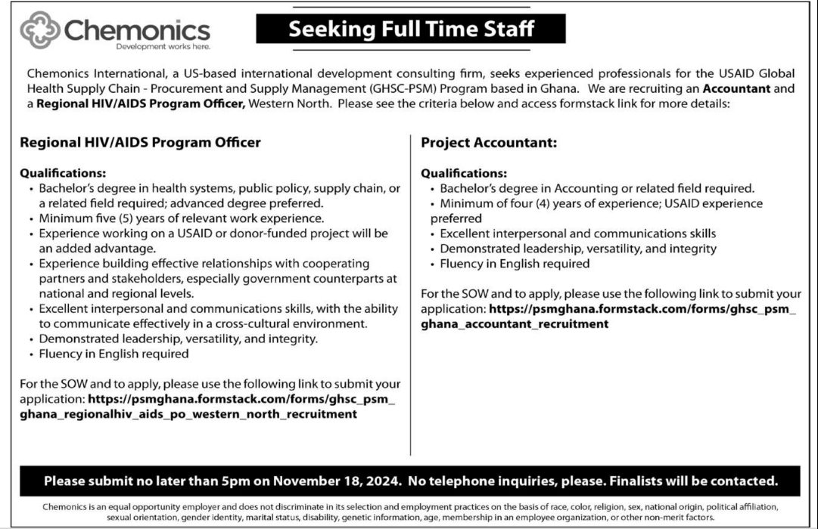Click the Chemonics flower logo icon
40,30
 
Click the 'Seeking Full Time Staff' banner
411,29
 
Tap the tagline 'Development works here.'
163,47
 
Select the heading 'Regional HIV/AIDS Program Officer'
140,142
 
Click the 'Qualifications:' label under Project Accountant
464,173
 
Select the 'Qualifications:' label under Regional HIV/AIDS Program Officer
63,173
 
